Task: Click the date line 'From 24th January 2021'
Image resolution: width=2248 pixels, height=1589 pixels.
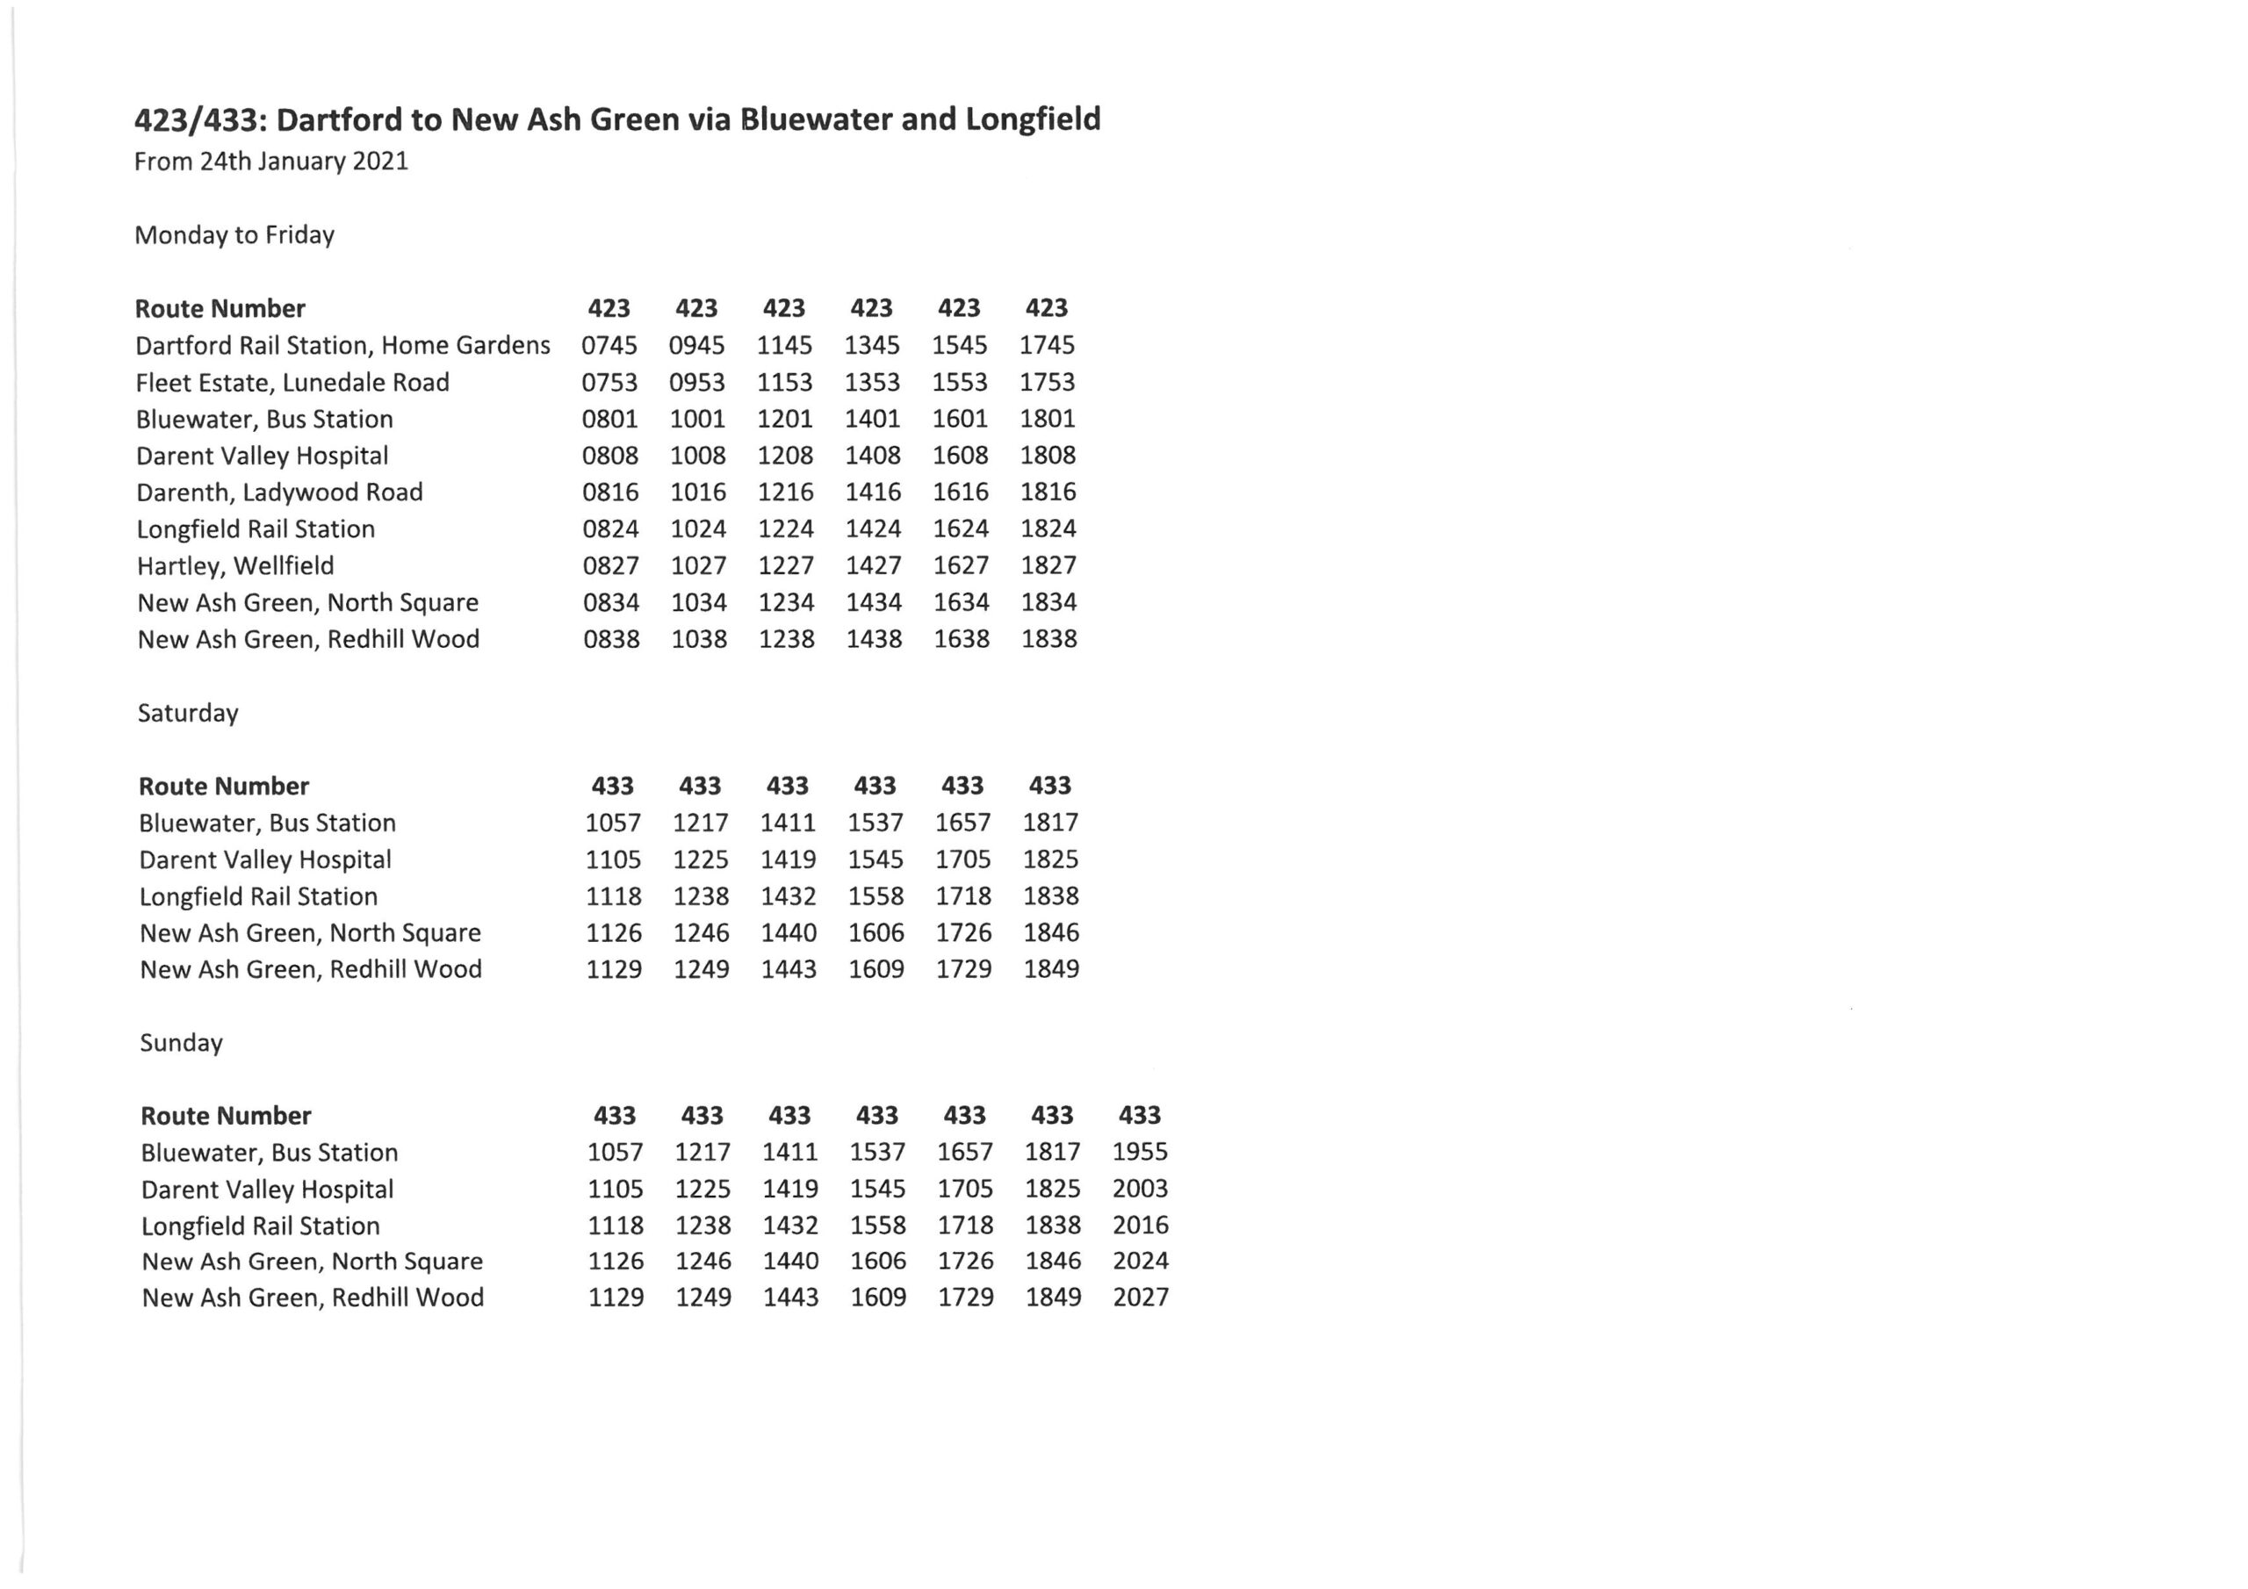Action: (271, 162)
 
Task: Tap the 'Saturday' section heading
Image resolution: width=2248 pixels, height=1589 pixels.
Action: (188, 713)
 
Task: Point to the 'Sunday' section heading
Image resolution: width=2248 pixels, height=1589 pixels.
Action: (181, 1043)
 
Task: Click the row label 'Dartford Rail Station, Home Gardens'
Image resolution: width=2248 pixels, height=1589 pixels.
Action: (342, 346)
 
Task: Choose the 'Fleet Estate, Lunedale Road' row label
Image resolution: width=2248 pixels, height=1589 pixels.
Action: (292, 383)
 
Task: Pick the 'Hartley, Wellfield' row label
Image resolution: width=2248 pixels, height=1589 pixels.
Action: (235, 566)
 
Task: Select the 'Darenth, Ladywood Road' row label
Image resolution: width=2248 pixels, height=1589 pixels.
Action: (279, 493)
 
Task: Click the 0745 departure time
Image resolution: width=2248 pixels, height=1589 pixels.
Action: (609, 346)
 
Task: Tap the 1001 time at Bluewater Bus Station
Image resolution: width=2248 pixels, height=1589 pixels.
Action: (697, 419)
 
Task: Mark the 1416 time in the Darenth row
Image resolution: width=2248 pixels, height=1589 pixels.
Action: (872, 493)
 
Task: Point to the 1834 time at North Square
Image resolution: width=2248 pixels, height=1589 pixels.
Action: (1048, 602)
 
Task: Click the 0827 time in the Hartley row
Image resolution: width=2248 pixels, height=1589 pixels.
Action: (610, 566)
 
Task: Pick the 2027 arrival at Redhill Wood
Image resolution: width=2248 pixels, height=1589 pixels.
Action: (1141, 1298)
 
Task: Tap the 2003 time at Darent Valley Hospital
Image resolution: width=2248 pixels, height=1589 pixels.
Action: (1140, 1189)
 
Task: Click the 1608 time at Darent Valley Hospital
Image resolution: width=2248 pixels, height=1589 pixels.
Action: (960, 456)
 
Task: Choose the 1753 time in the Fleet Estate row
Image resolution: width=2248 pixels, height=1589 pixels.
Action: (1047, 382)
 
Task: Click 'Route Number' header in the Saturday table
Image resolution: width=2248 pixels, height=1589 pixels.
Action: (223, 787)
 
